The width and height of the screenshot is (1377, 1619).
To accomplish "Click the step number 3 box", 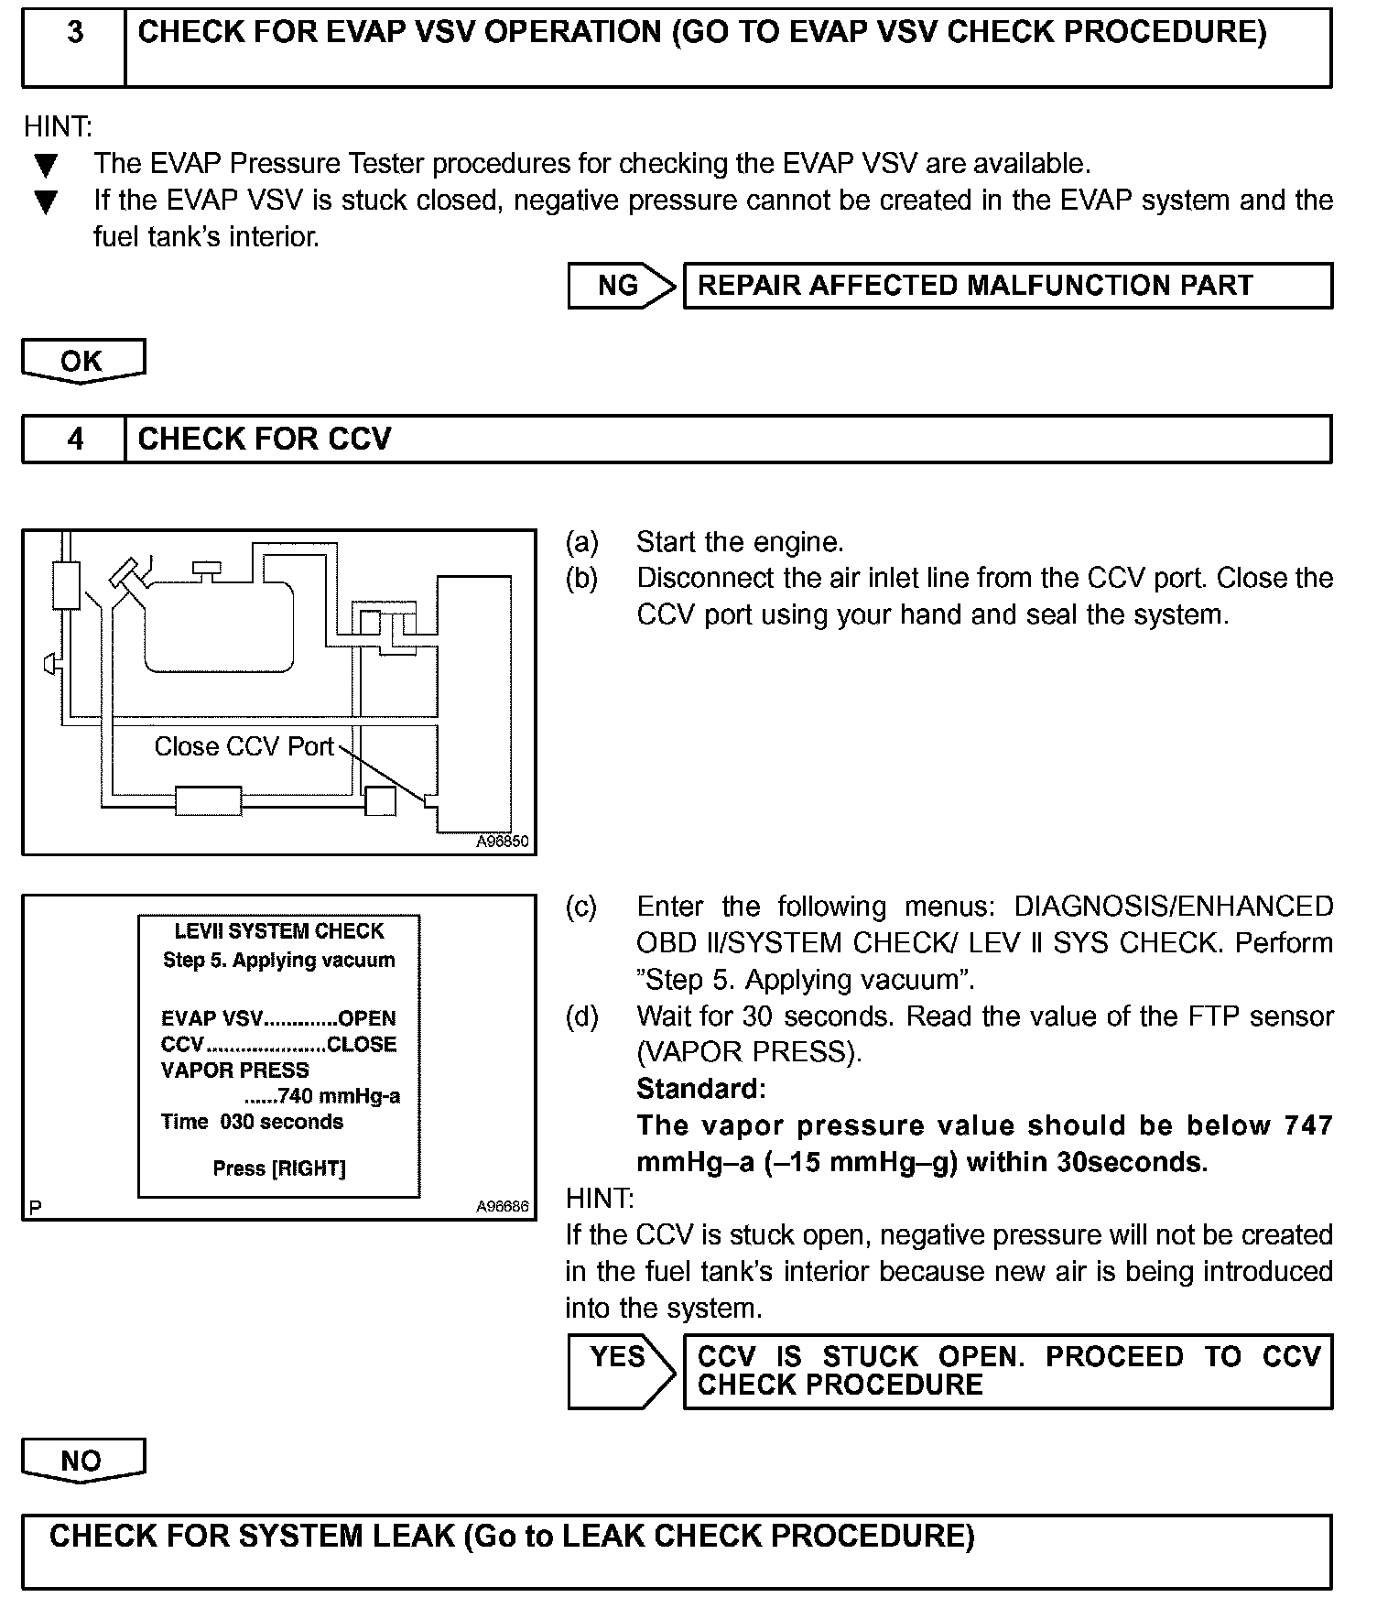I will click(x=74, y=48).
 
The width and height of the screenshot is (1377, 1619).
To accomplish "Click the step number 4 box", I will click(x=74, y=440).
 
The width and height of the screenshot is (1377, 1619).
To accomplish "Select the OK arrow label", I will click(x=82, y=361).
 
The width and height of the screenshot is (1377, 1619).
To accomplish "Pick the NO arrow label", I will click(x=82, y=1460).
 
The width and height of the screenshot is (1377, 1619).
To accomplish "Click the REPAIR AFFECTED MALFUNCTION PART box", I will click(x=1007, y=286).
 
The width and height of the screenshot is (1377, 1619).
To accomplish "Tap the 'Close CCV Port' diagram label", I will click(x=244, y=746).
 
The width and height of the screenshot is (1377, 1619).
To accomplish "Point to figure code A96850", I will click(x=502, y=842).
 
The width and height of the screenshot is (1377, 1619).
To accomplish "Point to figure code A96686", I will click(x=502, y=1206).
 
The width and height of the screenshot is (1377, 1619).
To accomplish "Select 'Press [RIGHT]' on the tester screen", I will click(x=279, y=1168).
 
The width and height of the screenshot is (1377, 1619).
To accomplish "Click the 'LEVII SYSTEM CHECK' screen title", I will click(x=279, y=931).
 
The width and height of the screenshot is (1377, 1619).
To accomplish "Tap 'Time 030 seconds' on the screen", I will click(x=252, y=1122).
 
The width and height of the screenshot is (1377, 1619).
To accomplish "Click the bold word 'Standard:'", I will click(x=700, y=1089).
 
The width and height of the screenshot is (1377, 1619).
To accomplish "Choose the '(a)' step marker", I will click(x=581, y=542).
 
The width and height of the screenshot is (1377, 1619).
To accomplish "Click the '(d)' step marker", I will click(x=581, y=1016).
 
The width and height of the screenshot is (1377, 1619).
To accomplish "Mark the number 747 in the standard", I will click(x=1308, y=1125).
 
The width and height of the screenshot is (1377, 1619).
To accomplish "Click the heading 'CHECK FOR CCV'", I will click(x=265, y=440).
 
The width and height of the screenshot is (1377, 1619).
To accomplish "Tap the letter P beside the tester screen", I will click(x=35, y=1207).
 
